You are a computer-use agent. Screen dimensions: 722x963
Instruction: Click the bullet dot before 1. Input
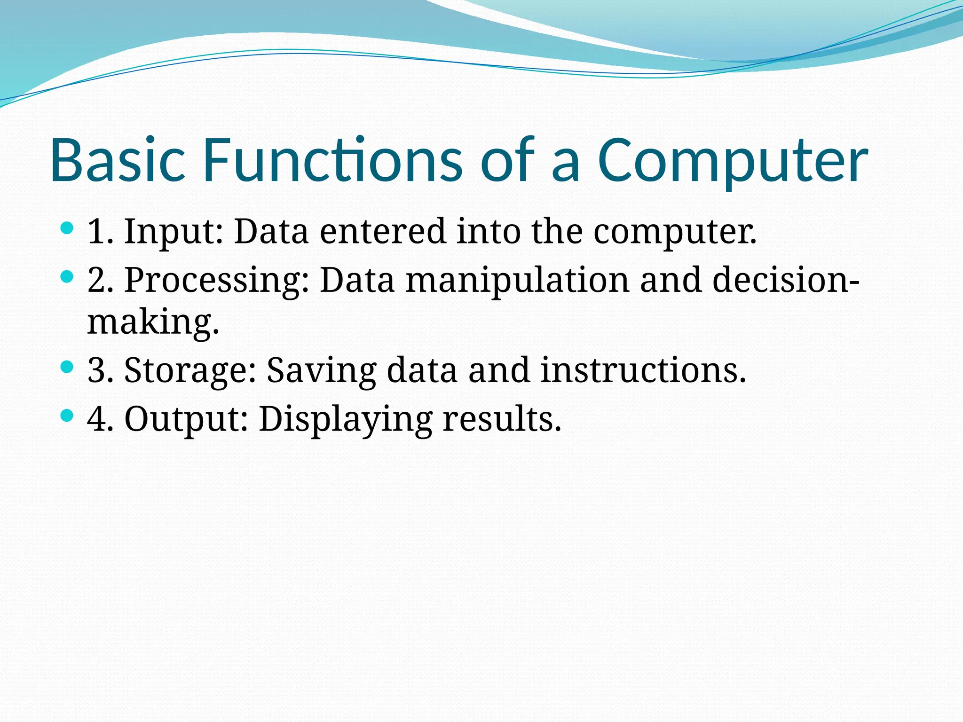point(68,229)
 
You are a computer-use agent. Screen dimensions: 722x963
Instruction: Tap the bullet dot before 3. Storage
point(68,367)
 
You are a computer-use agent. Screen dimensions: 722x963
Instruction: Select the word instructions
point(643,370)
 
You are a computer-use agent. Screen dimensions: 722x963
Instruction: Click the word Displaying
point(346,420)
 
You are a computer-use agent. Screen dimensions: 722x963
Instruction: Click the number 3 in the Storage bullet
point(96,370)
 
